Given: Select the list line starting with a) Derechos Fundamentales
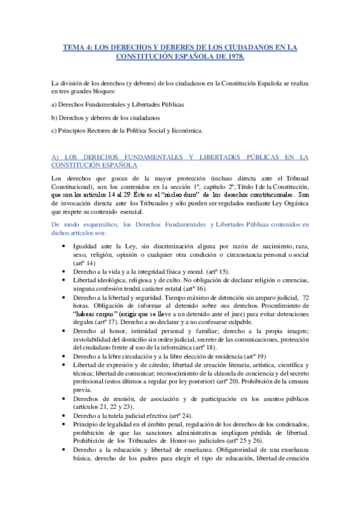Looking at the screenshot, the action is coord(118,104).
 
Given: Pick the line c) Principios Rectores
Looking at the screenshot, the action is coord(127,131).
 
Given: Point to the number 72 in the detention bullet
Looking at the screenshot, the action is coord(305,298).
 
